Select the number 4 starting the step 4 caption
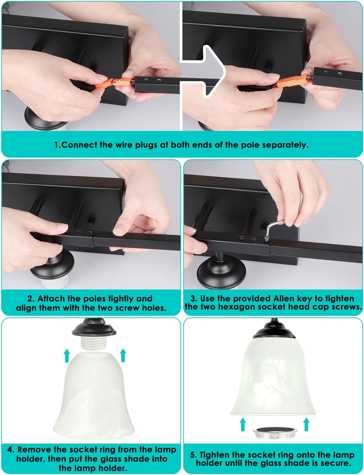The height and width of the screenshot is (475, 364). point(10,449)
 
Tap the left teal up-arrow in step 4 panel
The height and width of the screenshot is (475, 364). point(67,356)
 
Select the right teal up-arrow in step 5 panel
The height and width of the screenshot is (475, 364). point(306,424)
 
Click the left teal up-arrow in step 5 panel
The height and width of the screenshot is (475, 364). point(243,424)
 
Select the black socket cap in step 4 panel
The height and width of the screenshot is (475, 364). point(94,328)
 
